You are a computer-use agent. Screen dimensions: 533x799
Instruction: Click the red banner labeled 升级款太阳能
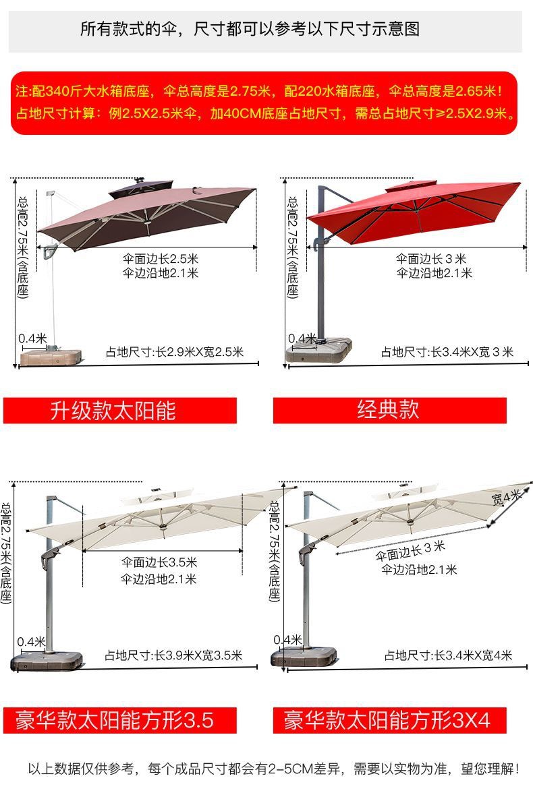tap(119, 410)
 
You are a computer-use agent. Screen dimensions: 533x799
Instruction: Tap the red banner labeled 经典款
tap(389, 410)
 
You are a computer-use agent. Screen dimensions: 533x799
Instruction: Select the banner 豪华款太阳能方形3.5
tap(119, 720)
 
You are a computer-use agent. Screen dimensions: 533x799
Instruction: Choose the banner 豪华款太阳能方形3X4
tap(389, 720)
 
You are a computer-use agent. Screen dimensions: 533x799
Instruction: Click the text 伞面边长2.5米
tap(161, 259)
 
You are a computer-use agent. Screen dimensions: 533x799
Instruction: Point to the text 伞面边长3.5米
tap(159, 562)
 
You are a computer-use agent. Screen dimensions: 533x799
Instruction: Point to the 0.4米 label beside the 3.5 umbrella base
tap(31, 641)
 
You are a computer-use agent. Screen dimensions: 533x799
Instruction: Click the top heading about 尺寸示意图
tap(250, 29)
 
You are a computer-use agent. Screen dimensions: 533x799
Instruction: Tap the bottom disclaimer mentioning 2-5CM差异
tap(273, 769)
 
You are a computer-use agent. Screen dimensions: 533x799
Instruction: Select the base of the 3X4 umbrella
tap(304, 657)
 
